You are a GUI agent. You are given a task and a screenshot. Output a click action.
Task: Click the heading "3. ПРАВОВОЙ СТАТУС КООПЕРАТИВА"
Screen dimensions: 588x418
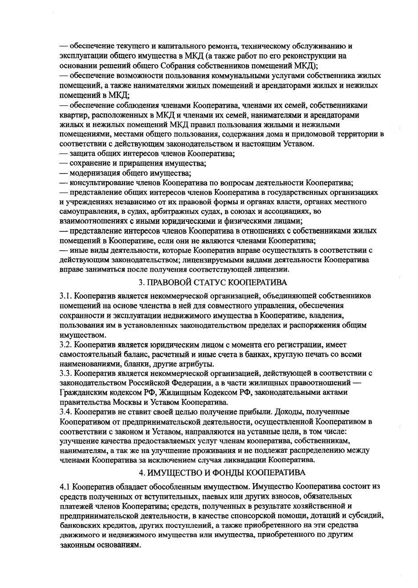click(x=213, y=282)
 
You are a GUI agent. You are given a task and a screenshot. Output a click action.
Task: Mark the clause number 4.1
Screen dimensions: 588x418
click(x=65, y=486)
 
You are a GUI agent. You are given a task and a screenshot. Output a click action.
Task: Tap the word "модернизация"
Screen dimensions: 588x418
click(x=96, y=173)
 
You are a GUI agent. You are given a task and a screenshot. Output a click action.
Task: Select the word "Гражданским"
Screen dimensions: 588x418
click(x=81, y=392)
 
